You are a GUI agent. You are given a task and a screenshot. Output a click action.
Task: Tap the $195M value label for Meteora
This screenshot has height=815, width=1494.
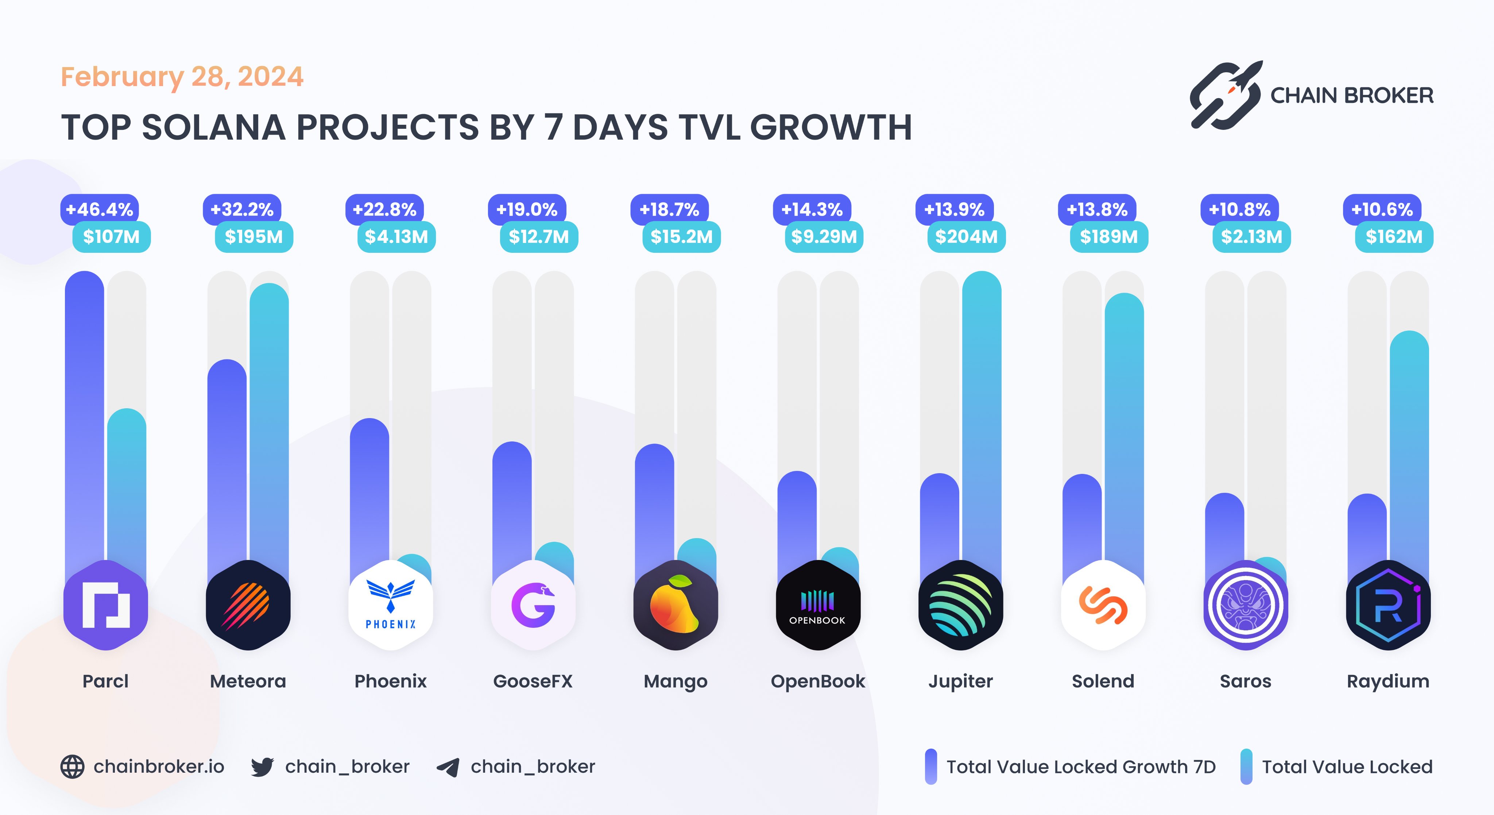pyautogui.click(x=254, y=237)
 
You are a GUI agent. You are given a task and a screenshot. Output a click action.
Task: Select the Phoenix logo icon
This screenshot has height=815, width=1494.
pyautogui.click(x=390, y=605)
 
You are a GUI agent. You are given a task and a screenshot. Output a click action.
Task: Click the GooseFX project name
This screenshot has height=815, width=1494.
pyautogui.click(x=533, y=681)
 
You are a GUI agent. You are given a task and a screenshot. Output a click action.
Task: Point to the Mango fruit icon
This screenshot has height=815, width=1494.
pyautogui.click(x=675, y=605)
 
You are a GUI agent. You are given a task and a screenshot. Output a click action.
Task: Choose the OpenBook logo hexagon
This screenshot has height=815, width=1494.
pyautogui.click(x=818, y=605)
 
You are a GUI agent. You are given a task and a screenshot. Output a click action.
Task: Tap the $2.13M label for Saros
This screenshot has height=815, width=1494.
pyautogui.click(x=1251, y=237)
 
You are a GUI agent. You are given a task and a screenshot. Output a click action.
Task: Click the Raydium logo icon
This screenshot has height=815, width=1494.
pyautogui.click(x=1388, y=605)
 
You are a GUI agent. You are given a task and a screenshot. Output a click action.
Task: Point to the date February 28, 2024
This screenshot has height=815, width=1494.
pyautogui.click(x=182, y=77)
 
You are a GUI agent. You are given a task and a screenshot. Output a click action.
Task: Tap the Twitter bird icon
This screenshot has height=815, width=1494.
pyautogui.click(x=262, y=767)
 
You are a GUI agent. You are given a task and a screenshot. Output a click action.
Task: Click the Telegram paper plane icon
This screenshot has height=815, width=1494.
pyautogui.click(x=448, y=767)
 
